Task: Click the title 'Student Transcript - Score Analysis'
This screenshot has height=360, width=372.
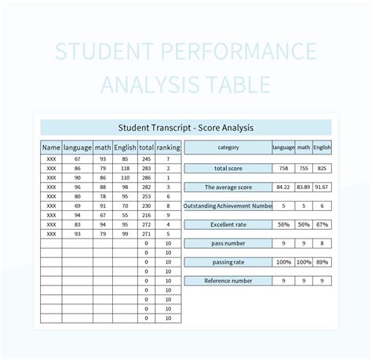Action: pyautogui.click(x=185, y=127)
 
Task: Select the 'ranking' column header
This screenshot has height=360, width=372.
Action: pyautogui.click(x=168, y=147)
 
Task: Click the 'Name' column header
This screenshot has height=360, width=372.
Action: pyautogui.click(x=51, y=147)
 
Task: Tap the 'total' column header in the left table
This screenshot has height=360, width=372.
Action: pyautogui.click(x=146, y=147)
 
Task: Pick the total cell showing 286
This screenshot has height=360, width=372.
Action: pyautogui.click(x=146, y=177)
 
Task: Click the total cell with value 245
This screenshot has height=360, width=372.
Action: pyautogui.click(x=146, y=158)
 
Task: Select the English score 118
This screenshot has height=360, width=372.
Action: pyautogui.click(x=124, y=168)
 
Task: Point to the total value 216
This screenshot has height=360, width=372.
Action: pyautogui.click(x=146, y=215)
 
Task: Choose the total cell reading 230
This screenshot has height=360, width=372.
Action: pyautogui.click(x=146, y=205)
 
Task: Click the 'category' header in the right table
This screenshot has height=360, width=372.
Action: pyautogui.click(x=228, y=147)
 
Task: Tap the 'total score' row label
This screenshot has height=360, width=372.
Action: pyautogui.click(x=228, y=169)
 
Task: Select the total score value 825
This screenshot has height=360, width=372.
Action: pyautogui.click(x=322, y=169)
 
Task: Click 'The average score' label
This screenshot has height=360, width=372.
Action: pyautogui.click(x=228, y=187)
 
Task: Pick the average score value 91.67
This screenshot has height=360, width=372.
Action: pyautogui.click(x=322, y=187)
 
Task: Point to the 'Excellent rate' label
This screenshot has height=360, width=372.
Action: pyautogui.click(x=228, y=224)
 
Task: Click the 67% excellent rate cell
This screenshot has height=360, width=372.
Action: pyautogui.click(x=322, y=224)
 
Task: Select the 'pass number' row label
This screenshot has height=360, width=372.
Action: pyautogui.click(x=228, y=243)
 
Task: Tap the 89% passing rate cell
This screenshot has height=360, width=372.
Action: pyautogui.click(x=322, y=262)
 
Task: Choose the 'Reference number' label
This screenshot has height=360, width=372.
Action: pyautogui.click(x=228, y=280)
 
